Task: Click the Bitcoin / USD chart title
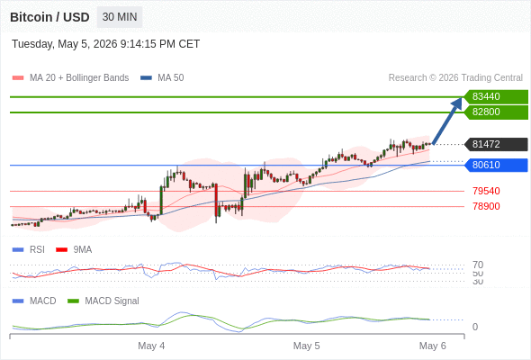pos(49,17)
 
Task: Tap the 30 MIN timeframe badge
pos(120,17)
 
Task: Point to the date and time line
pos(105,44)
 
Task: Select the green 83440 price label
pos(496,96)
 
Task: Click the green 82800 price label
pos(496,112)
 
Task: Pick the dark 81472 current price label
pos(496,144)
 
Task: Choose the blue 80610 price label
pos(496,165)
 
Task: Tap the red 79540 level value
pos(486,191)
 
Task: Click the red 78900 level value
pos(486,206)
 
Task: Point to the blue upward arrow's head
pos(457,103)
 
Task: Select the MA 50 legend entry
pos(162,78)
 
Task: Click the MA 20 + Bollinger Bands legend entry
pos(70,78)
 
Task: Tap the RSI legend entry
pos(29,249)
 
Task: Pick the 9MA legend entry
pos(74,249)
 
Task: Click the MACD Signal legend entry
pos(103,301)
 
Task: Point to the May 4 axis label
pos(151,346)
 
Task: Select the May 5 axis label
pos(307,346)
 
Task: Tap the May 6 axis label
pos(433,346)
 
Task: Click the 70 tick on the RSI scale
pos(478,265)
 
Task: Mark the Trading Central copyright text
pos(455,78)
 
